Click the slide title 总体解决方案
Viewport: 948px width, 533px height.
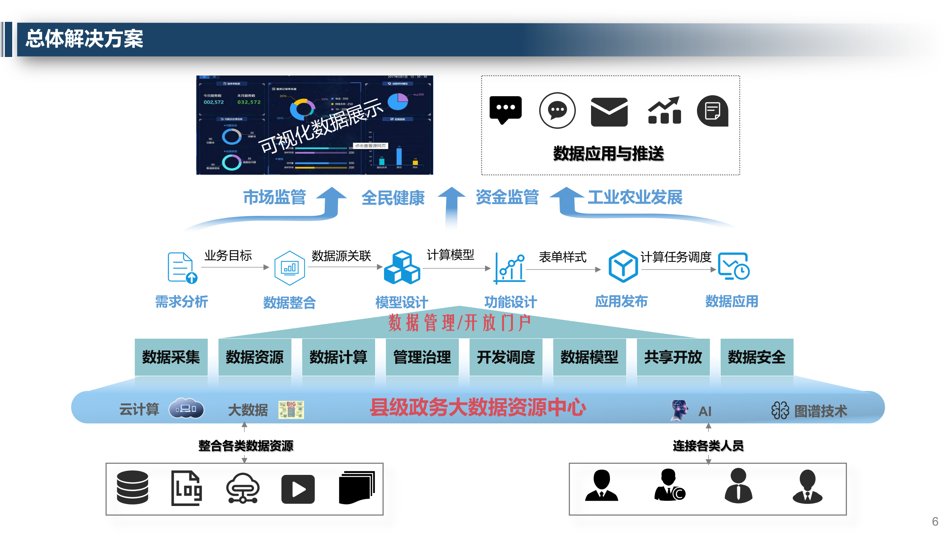[84, 39]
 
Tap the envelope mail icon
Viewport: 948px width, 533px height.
[609, 112]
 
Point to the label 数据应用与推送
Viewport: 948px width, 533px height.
[608, 154]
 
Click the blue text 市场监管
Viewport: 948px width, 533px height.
[274, 197]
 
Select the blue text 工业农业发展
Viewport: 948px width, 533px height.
[635, 197]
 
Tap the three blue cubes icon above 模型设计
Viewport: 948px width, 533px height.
[402, 267]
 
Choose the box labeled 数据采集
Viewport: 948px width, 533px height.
[171, 357]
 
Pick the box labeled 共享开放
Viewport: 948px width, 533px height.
[673, 357]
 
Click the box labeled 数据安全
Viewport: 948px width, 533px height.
[757, 357]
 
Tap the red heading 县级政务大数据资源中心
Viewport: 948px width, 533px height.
[478, 408]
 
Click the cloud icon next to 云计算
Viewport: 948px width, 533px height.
[186, 409]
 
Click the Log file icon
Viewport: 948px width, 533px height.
[187, 488]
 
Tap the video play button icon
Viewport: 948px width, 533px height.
[298, 489]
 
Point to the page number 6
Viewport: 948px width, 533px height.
[935, 522]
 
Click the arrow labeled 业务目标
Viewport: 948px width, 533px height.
[235, 267]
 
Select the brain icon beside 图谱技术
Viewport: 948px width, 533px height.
[780, 410]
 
